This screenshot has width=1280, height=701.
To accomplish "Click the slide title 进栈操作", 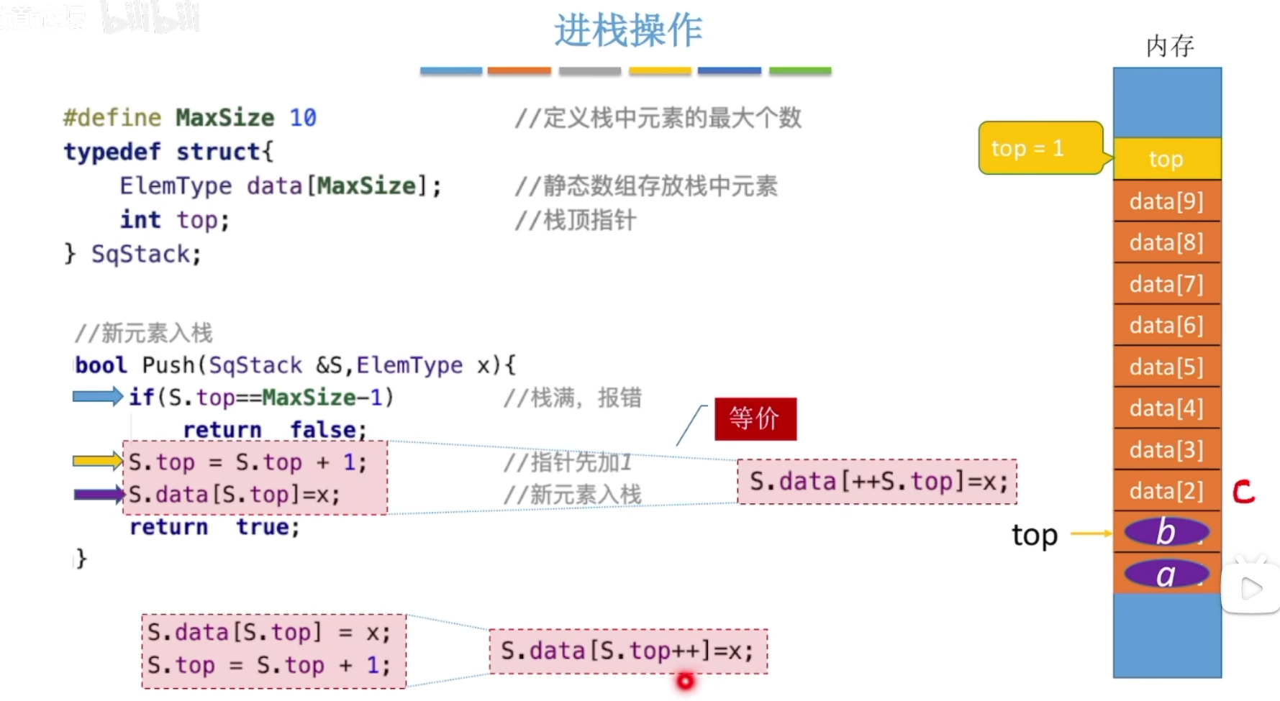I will pos(628,31).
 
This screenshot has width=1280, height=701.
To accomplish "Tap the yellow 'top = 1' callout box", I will pos(1039,148).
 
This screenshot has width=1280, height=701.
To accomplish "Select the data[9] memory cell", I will pos(1166,201).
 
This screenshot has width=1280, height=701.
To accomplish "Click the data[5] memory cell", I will pos(1166,367).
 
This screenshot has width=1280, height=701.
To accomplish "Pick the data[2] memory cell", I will pos(1166,491).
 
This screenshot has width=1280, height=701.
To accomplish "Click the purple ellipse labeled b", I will pos(1166,532).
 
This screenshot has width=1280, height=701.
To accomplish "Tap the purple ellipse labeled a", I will pos(1166,574).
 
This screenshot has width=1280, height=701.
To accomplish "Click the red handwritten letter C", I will pos(1243,492).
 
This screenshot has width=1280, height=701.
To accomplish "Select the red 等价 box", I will pos(755,418).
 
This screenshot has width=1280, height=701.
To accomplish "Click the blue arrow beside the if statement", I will pos(98,396).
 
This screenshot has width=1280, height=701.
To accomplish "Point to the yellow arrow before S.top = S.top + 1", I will pos(98,461).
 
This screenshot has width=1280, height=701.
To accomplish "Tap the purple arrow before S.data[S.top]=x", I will pos(99,494).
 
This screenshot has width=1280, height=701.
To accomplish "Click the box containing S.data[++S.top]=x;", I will pos(877,482).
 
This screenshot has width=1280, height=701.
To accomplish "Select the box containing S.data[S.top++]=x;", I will pos(628,651).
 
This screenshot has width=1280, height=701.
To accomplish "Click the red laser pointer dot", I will pos(686,681).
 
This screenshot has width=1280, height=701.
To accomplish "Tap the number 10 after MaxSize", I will pos(303,117).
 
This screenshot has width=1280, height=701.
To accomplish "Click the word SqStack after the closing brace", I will pos(141,254).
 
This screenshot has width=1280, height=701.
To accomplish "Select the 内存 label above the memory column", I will pos(1170,46).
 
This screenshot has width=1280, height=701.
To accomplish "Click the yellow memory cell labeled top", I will pos(1166,159).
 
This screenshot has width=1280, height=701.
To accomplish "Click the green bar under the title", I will pos(800,71).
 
